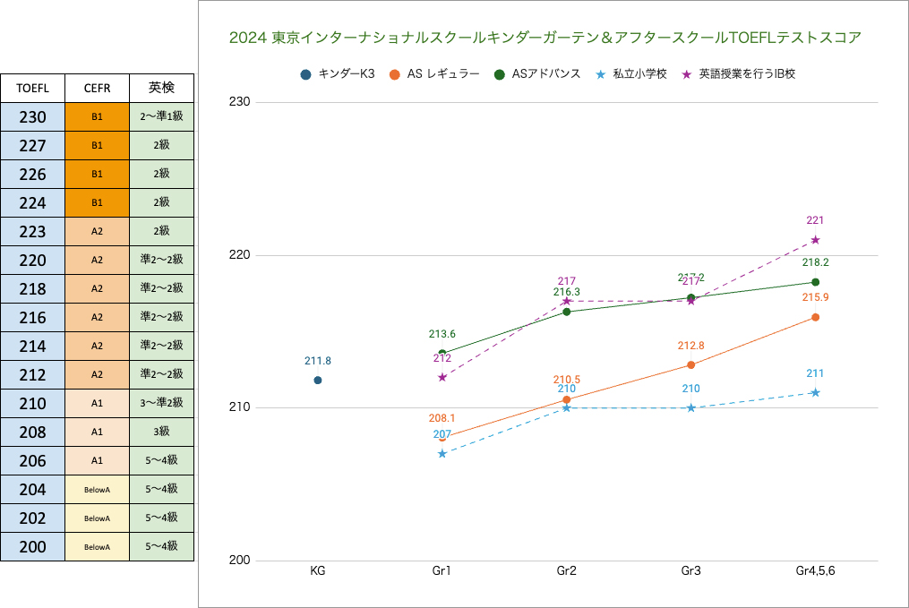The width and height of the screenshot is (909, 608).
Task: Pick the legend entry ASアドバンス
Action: click(x=538, y=74)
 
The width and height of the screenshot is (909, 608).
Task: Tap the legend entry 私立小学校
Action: click(x=631, y=74)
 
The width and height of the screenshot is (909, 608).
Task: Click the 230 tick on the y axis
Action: click(x=240, y=102)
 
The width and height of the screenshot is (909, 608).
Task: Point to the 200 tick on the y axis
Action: click(x=240, y=561)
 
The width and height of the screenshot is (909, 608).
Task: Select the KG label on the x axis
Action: click(x=318, y=570)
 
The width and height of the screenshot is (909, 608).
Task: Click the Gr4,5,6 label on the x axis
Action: click(x=815, y=570)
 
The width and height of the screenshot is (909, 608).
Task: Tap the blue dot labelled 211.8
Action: click(x=318, y=380)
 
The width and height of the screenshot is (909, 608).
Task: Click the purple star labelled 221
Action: click(x=815, y=239)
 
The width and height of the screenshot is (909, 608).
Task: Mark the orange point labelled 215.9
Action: click(x=815, y=317)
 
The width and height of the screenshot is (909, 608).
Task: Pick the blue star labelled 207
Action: click(x=442, y=454)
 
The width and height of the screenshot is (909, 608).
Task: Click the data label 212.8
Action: click(x=690, y=346)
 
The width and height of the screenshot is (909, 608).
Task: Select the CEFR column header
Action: click(x=97, y=88)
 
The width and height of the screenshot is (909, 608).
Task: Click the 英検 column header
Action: click(x=161, y=88)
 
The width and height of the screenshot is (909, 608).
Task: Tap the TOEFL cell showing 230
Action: click(x=32, y=116)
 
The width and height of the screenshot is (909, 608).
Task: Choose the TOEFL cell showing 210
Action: click(x=32, y=403)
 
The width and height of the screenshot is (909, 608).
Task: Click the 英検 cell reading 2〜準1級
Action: click(x=161, y=116)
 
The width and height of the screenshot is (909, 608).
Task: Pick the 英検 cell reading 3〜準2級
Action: click(x=161, y=403)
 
